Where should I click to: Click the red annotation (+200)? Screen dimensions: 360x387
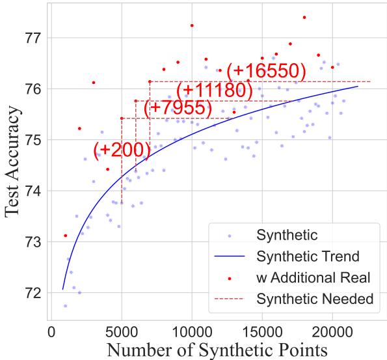122,150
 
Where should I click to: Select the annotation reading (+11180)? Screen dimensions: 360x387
214,90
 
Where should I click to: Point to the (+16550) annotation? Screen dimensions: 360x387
266,70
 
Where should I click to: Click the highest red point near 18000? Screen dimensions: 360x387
304,18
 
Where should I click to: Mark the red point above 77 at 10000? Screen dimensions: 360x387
192,25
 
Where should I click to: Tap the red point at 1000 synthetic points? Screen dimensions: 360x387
65,235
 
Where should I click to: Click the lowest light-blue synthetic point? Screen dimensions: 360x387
65,305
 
